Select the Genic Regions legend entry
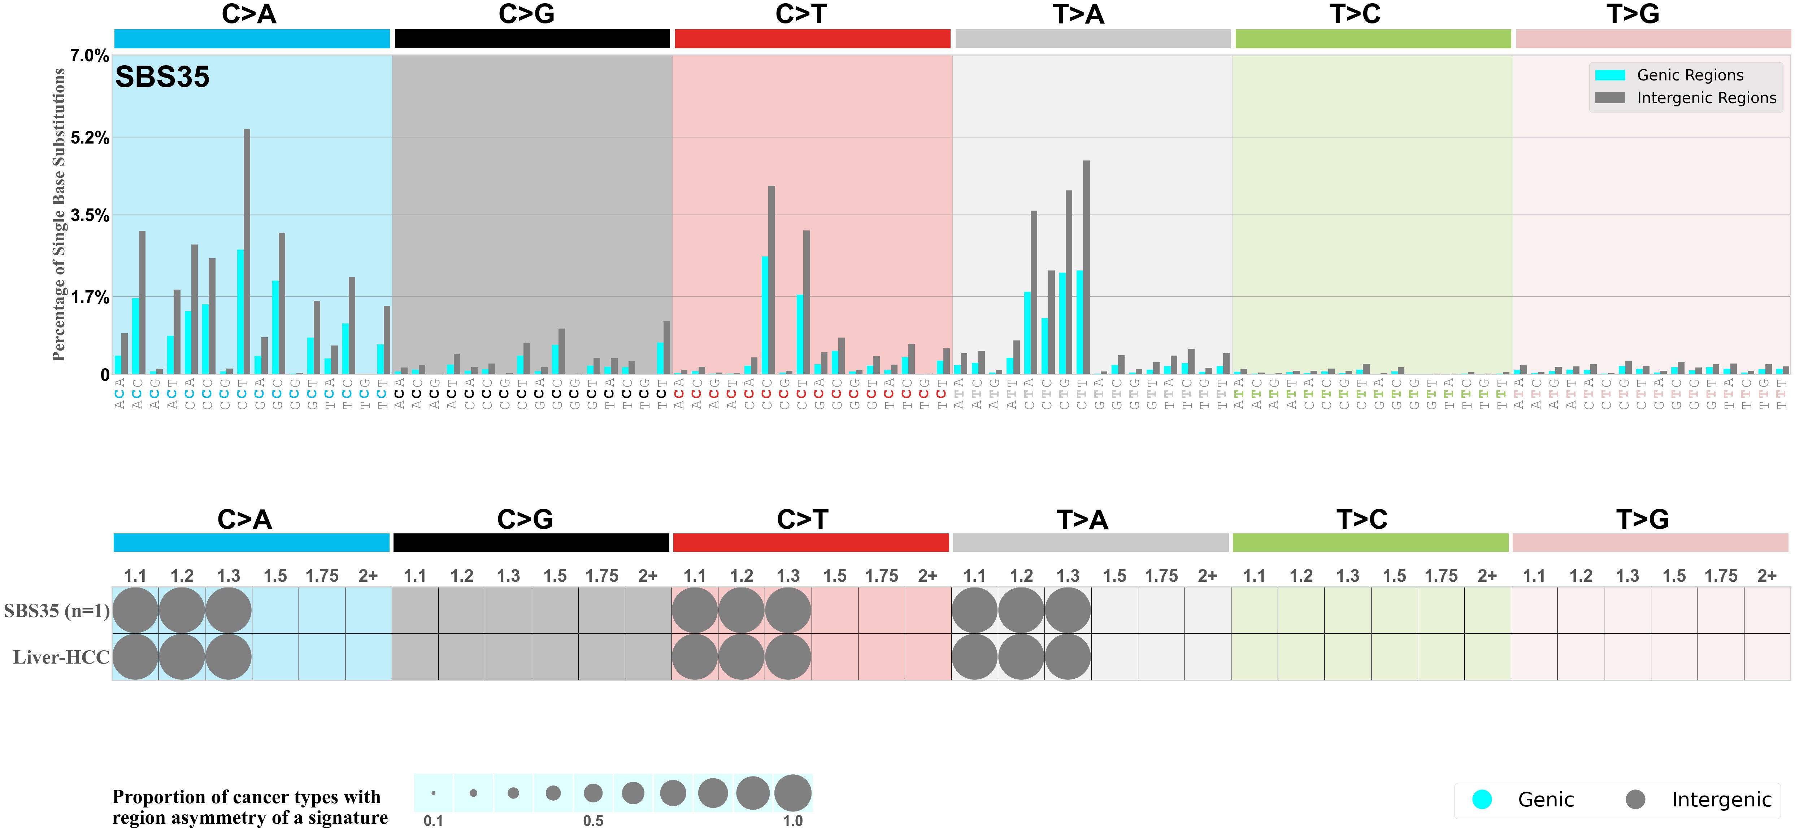pyautogui.click(x=1690, y=75)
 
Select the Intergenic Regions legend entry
pyautogui.click(x=1706, y=98)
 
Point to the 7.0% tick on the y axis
pyautogui.click(x=89, y=56)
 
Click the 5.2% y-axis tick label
pyautogui.click(x=89, y=138)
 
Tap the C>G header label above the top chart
pyautogui.click(x=526, y=14)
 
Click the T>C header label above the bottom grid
pyautogui.click(x=1361, y=519)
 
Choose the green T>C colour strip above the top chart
pyautogui.click(x=1373, y=39)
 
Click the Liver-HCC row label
pyautogui.click(x=61, y=657)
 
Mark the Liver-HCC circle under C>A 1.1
pyautogui.click(x=135, y=657)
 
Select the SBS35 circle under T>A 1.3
pyautogui.click(x=1068, y=610)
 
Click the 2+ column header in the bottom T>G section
pyautogui.click(x=1766, y=576)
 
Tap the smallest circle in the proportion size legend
pyautogui.click(x=434, y=793)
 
